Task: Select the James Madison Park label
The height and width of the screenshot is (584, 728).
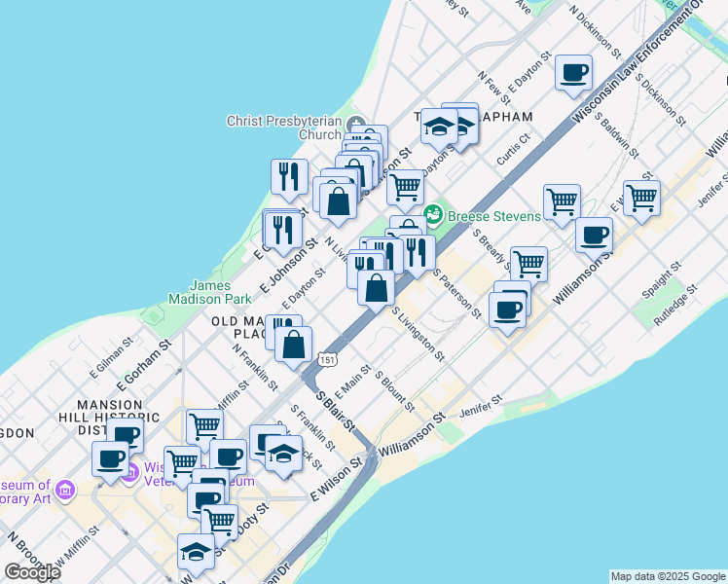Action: point(210,292)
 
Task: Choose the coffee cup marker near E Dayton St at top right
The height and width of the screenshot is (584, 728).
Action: point(573,72)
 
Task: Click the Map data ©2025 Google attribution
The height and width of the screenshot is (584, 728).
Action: point(668,576)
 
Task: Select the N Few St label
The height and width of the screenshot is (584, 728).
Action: point(493,88)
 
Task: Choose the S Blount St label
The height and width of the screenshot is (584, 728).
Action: point(393,390)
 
